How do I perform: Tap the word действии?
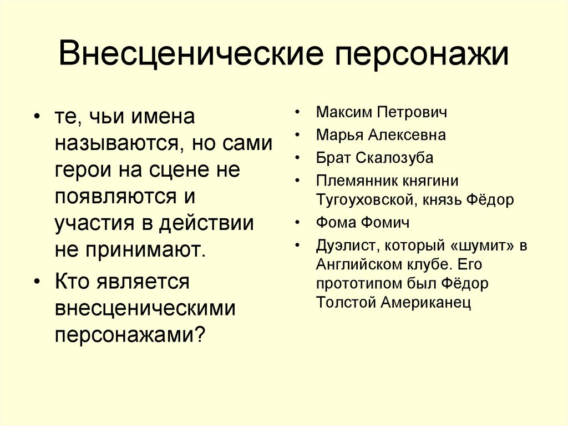tap(206, 224)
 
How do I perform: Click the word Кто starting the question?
tap(73, 282)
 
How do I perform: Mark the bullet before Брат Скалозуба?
tap(299, 158)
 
